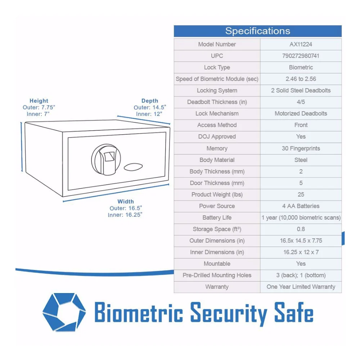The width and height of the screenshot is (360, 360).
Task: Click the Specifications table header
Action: point(258,31)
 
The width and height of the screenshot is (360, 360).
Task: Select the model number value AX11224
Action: point(301,44)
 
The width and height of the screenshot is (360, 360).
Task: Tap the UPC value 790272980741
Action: point(301,56)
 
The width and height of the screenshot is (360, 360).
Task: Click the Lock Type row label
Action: point(217,68)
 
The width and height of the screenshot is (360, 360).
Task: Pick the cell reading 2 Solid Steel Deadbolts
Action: point(301,90)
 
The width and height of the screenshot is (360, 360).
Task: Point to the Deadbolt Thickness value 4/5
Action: point(301,102)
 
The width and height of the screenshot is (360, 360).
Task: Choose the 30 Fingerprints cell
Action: point(301,148)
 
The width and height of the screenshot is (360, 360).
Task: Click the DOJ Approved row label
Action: point(217,136)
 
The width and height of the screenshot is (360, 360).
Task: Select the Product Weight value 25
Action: point(301,194)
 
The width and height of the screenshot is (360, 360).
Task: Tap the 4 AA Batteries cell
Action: point(301,206)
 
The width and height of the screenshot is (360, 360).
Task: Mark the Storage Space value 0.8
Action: point(301,229)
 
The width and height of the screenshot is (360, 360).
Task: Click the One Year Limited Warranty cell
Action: point(301,287)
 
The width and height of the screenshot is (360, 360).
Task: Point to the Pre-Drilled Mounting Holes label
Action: point(217,275)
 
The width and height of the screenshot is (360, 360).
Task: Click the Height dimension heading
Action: point(39,101)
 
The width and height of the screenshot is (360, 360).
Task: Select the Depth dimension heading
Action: point(150,101)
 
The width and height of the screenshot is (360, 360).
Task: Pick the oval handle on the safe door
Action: point(133,167)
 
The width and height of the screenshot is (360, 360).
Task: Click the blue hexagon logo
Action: point(64,312)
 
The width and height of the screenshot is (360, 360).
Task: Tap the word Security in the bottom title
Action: point(229,314)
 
